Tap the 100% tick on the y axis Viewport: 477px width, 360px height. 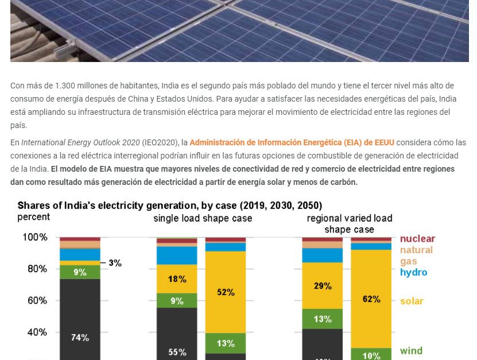click(x=35, y=237)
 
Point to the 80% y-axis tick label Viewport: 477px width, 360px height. click(x=35, y=269)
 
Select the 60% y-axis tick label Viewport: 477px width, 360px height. click(x=35, y=300)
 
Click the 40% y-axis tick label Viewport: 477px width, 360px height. click(x=35, y=332)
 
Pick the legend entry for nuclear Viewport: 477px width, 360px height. click(x=417, y=239)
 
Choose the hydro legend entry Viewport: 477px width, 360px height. click(x=413, y=272)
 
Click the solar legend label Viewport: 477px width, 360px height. click(x=412, y=301)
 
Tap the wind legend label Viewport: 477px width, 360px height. click(x=411, y=351)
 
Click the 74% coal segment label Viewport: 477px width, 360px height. click(x=80, y=338)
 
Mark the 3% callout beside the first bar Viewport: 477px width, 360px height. click(x=115, y=263)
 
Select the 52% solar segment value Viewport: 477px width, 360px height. click(x=226, y=292)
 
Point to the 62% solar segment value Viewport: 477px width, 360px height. click(x=371, y=299)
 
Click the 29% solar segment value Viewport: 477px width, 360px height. click(x=323, y=285)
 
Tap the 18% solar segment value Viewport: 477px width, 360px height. click(x=177, y=279)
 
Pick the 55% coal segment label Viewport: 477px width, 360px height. click(x=177, y=352)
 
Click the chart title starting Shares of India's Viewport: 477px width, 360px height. click(x=170, y=206)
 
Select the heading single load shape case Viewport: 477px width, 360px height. click(x=203, y=219)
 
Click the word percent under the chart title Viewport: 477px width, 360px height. click(x=34, y=217)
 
